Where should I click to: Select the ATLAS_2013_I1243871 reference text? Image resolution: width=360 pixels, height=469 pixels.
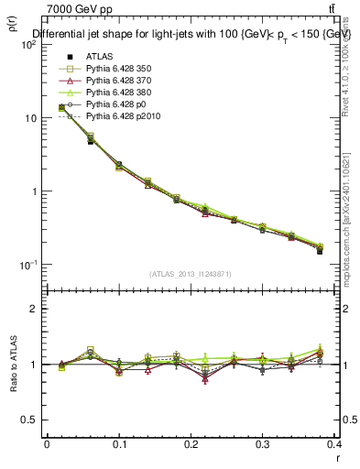(191, 275)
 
